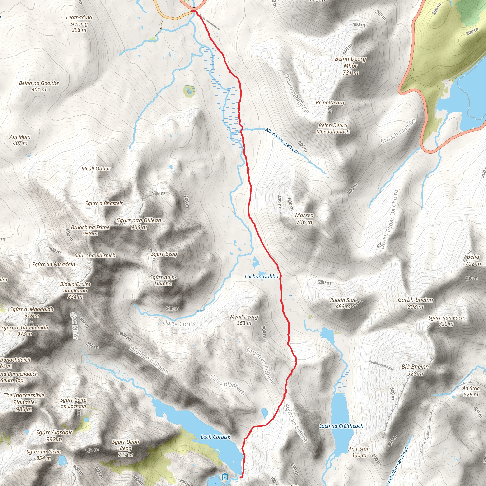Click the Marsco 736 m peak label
click(304, 218)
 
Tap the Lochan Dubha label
click(261, 276)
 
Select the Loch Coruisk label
click(215, 437)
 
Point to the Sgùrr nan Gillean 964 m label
click(139, 223)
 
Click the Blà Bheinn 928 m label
click(415, 370)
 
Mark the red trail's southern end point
click(241, 477)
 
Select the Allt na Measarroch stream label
click(282, 141)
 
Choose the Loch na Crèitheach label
click(341, 426)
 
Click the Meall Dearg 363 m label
click(244, 320)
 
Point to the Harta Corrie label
click(179, 323)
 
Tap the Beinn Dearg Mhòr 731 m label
click(350, 66)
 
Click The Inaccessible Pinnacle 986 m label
click(24, 402)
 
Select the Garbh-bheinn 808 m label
click(415, 303)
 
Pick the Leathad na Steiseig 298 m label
click(79, 24)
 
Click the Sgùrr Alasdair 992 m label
click(54, 436)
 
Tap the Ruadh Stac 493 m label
click(343, 303)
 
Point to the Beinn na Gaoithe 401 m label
click(39, 86)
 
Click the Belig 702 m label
click(473, 260)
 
